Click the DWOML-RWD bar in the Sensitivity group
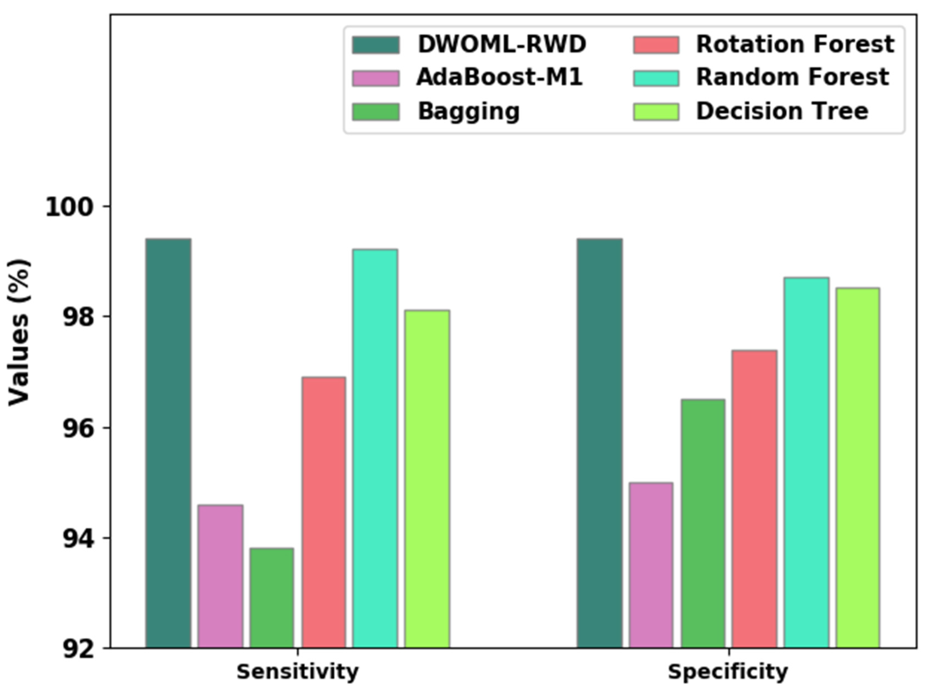coord(168,443)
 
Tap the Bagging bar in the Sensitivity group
coord(272,598)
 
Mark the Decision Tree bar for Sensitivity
coord(427,479)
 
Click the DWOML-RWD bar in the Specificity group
coord(599,443)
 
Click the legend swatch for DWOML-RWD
coord(375,45)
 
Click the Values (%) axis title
coord(19,332)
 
